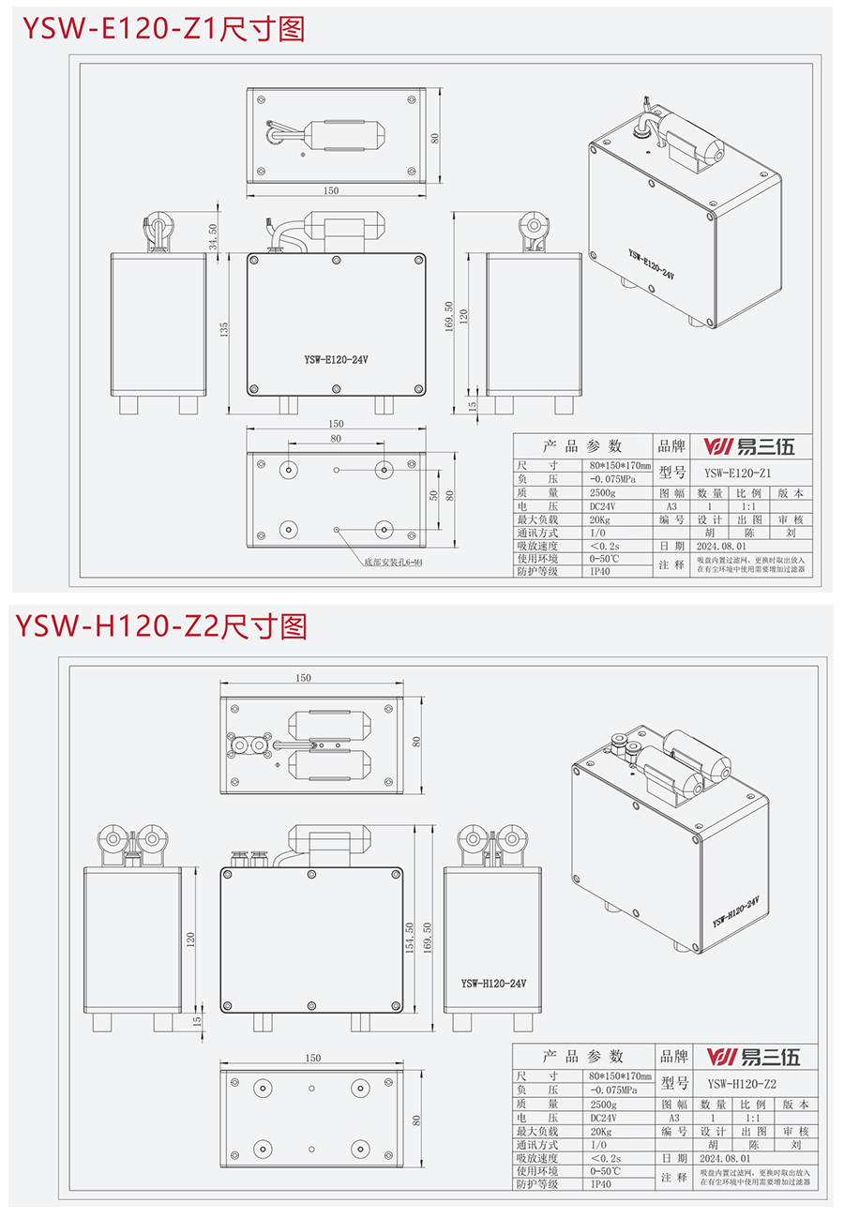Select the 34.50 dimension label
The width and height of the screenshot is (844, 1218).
[x=215, y=233]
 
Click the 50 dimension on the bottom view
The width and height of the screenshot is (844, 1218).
[x=433, y=495]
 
